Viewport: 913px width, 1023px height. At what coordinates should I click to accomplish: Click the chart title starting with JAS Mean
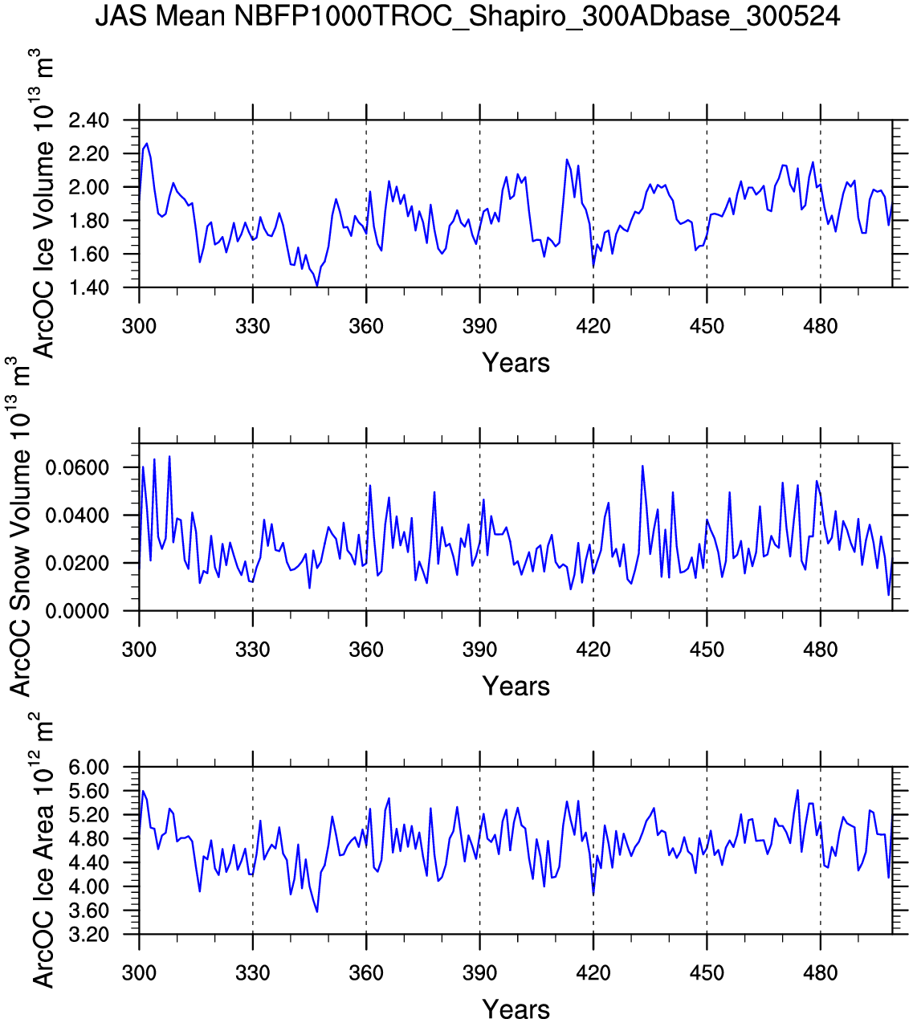point(467,16)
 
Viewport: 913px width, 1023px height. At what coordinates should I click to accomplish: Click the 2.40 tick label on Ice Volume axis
point(88,120)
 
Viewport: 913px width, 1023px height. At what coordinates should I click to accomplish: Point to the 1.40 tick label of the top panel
point(88,287)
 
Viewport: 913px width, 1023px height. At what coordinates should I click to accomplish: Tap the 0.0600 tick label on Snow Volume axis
point(77,468)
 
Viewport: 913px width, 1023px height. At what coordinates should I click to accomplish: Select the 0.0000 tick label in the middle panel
point(77,611)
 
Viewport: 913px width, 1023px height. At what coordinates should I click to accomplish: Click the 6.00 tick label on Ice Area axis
point(88,768)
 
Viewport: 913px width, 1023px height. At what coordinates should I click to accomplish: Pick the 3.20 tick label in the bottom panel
point(88,935)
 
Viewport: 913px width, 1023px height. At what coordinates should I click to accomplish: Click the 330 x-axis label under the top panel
point(253,327)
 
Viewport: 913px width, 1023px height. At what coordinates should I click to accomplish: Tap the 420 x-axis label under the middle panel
point(593,650)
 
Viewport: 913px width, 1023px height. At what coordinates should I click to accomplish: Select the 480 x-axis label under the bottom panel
point(820,974)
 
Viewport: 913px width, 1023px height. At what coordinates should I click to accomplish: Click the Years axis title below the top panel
point(516,363)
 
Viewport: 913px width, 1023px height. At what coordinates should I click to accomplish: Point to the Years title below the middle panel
point(516,687)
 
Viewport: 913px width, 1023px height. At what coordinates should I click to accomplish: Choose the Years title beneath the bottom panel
point(516,1009)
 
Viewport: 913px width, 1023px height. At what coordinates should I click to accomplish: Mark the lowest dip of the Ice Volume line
point(317,285)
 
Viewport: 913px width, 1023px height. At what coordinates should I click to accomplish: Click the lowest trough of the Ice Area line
point(317,911)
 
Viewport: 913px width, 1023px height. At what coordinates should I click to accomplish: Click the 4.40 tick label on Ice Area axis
point(88,863)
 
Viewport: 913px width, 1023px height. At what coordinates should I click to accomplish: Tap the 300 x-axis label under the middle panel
point(139,650)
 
